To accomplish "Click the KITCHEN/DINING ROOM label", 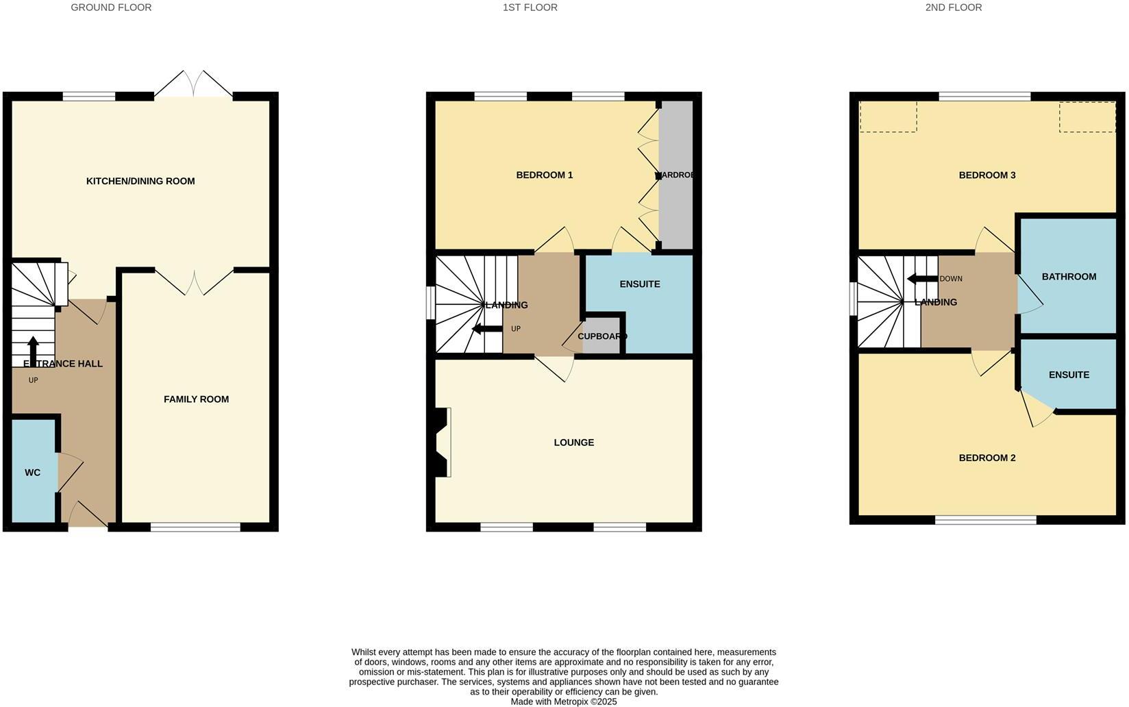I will [x=140, y=182].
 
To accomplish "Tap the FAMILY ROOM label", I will [x=196, y=399].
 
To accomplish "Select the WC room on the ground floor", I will [x=33, y=473].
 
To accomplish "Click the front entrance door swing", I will [x=86, y=514].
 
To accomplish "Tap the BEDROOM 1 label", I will [x=544, y=175].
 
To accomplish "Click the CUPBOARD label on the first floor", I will [x=601, y=336].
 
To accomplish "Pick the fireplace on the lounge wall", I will [x=442, y=442].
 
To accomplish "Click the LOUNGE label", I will [x=573, y=443].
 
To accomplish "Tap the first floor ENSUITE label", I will [x=639, y=284].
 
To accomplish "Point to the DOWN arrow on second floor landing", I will [x=921, y=279].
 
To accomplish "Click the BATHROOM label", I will [x=1069, y=277].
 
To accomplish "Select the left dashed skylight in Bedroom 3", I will [x=888, y=117].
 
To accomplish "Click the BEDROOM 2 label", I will [x=987, y=458].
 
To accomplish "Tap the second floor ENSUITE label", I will [x=1069, y=375].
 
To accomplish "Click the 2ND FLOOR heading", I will [x=953, y=8].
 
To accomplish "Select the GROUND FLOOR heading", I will [x=111, y=8].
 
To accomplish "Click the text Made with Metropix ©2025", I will [x=564, y=702].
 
